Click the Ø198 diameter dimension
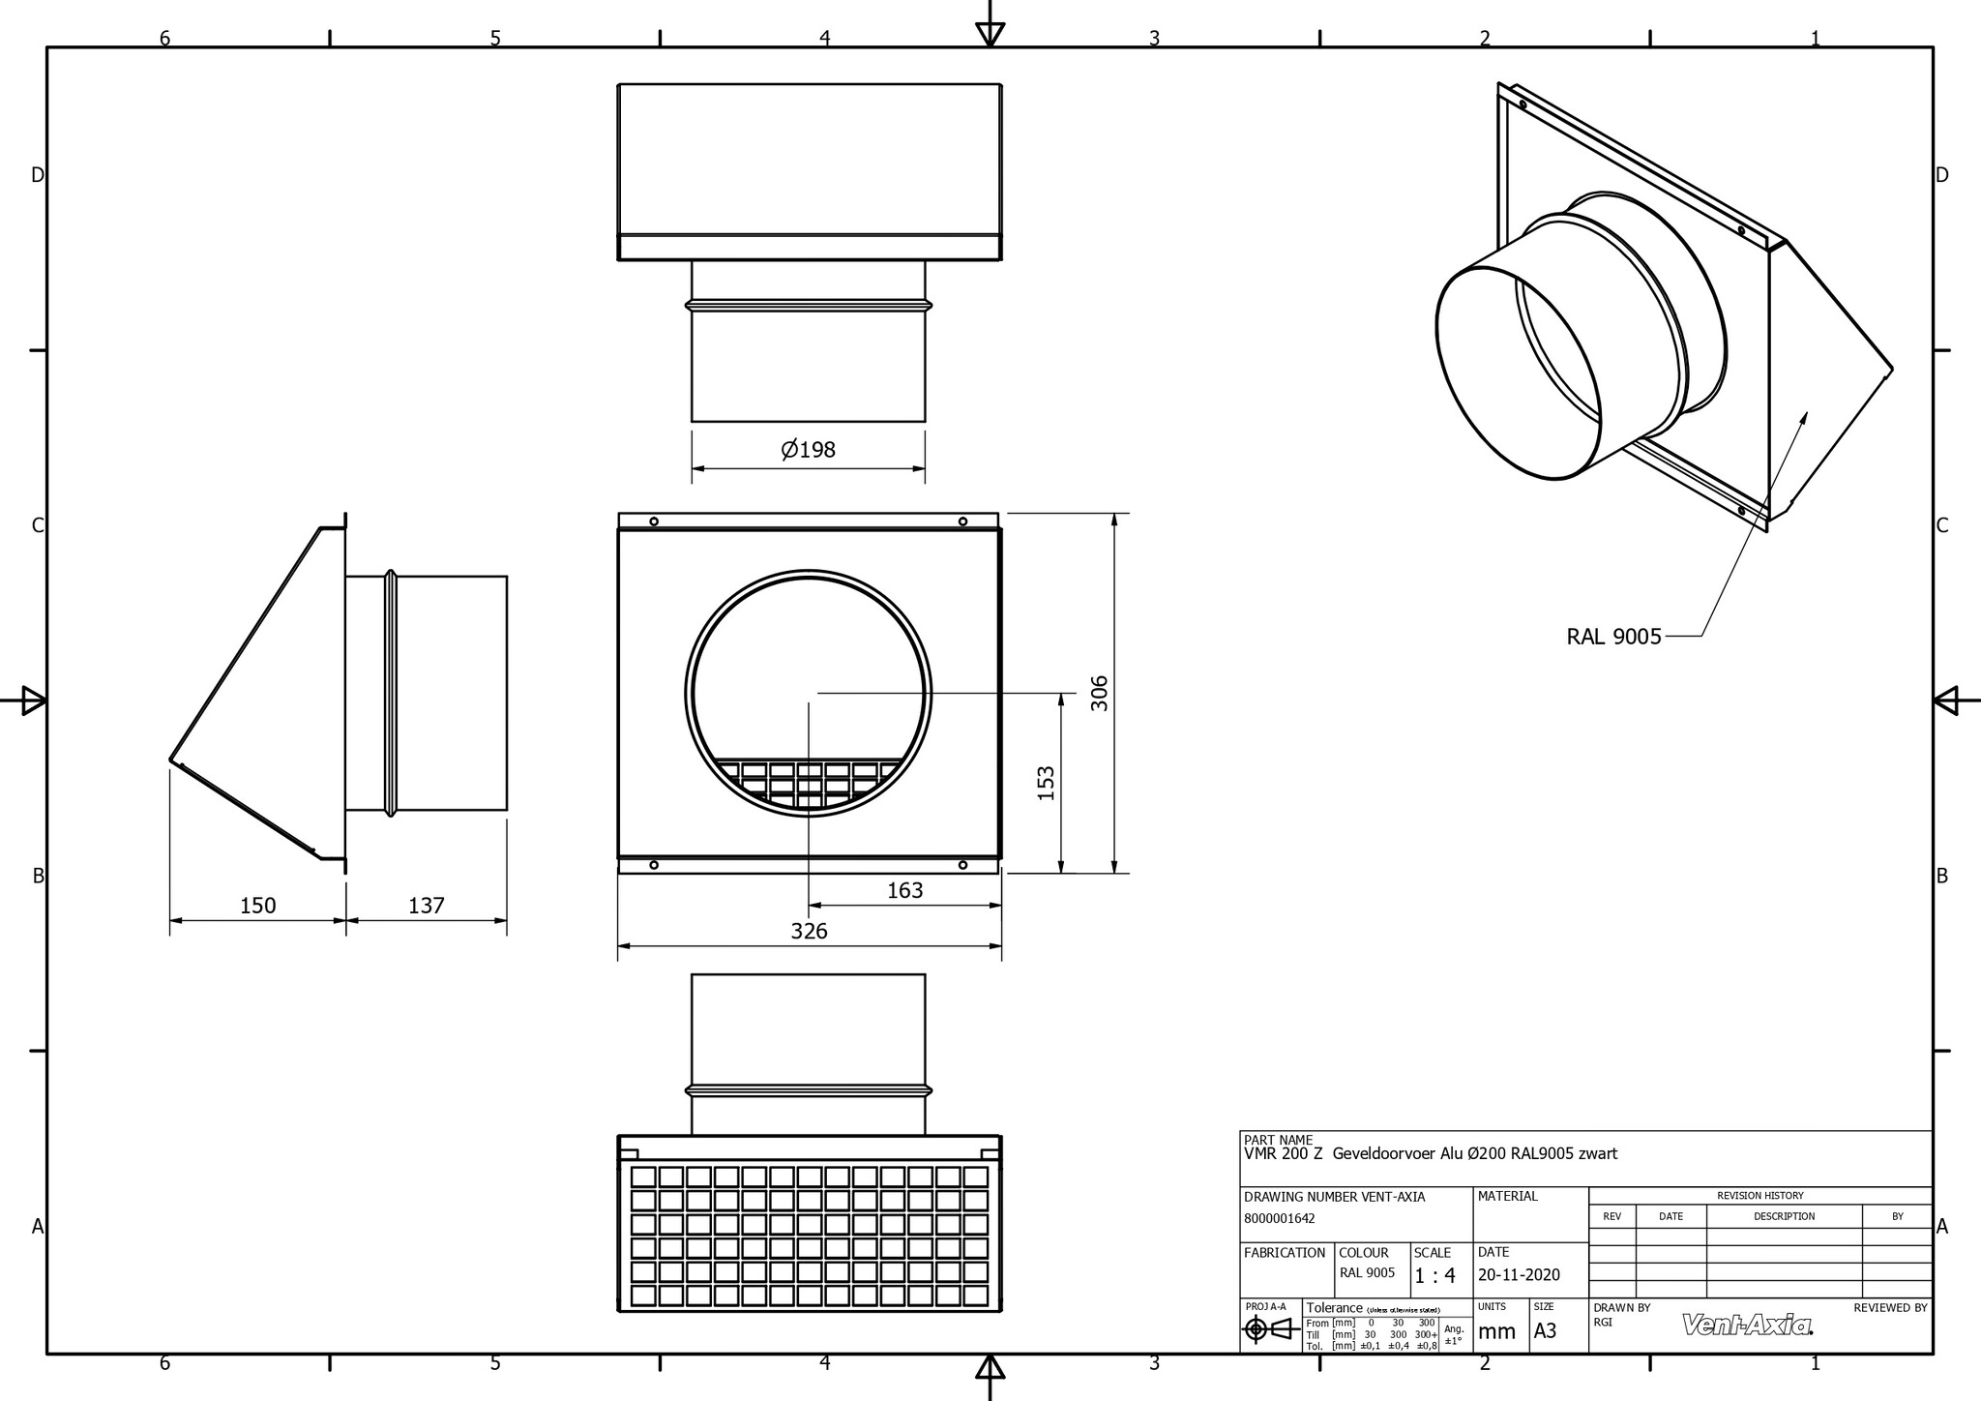pyautogui.click(x=808, y=450)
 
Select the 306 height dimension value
pyautogui.click(x=1100, y=693)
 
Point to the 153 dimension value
pyautogui.click(x=1046, y=784)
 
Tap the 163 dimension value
pyautogui.click(x=904, y=890)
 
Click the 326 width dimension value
pyautogui.click(x=809, y=931)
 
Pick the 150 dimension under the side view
pyautogui.click(x=257, y=906)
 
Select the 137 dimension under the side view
pyautogui.click(x=426, y=906)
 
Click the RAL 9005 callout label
pyautogui.click(x=1613, y=637)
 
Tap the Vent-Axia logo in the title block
pyautogui.click(x=1747, y=1325)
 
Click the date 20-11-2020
pyautogui.click(x=1519, y=1275)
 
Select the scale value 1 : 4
pyautogui.click(x=1434, y=1276)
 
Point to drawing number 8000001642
pyautogui.click(x=1279, y=1219)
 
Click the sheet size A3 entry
pyautogui.click(x=1545, y=1331)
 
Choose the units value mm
pyautogui.click(x=1496, y=1331)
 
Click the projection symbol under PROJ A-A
pyautogui.click(x=1268, y=1330)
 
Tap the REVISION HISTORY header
pyautogui.click(x=1759, y=1196)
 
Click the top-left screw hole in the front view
pyautogui.click(x=654, y=522)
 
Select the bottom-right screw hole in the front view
pyautogui.click(x=962, y=865)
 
